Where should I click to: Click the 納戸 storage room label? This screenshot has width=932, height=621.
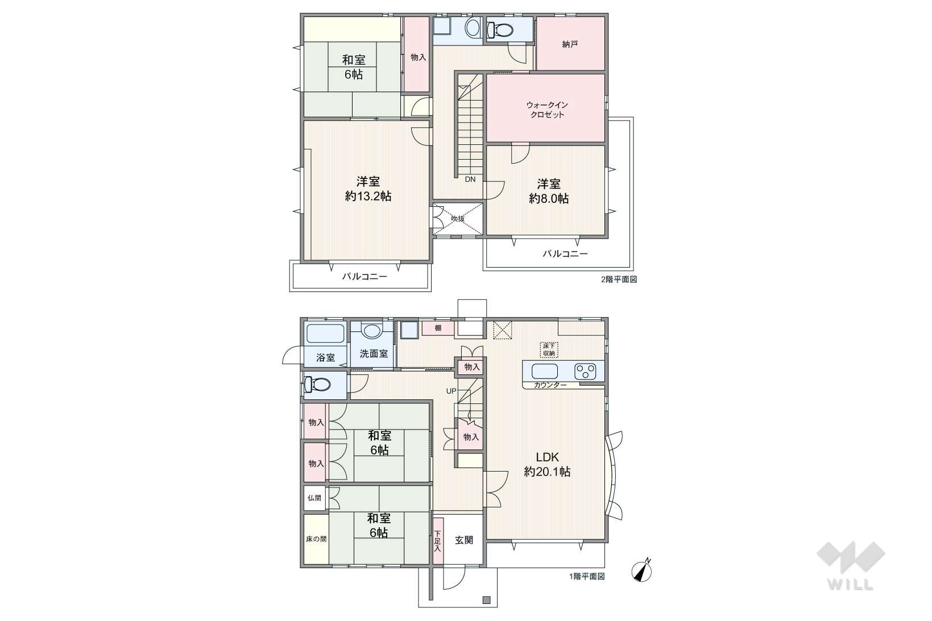pos(570,44)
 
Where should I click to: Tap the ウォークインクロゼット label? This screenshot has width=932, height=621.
pos(546,110)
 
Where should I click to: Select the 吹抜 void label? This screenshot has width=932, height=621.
pos(458,219)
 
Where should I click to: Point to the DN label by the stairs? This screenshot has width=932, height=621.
pos(470,180)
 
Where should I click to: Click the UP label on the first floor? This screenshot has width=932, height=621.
pos(451,391)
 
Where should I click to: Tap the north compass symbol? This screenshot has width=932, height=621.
pos(642,570)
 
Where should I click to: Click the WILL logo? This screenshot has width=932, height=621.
pos(851,566)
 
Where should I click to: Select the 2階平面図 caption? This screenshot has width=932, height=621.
pos(619,280)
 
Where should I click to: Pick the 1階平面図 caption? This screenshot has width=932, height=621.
pos(587,576)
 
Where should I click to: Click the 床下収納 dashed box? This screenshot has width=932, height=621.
pos(549,349)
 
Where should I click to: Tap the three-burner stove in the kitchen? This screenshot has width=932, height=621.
pos(585,371)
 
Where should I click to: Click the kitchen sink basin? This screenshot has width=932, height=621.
pos(545,371)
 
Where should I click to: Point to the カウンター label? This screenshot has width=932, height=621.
pos(550,385)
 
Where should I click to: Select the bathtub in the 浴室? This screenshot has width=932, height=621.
pos(325,334)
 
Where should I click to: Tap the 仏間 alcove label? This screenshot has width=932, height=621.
pos(314,498)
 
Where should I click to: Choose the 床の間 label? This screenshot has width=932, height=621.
pos(316,539)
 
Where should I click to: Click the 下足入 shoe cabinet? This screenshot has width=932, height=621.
pos(438,541)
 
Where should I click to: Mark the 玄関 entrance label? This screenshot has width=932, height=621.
pos(463,540)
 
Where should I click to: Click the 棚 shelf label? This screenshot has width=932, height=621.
pos(438,328)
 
